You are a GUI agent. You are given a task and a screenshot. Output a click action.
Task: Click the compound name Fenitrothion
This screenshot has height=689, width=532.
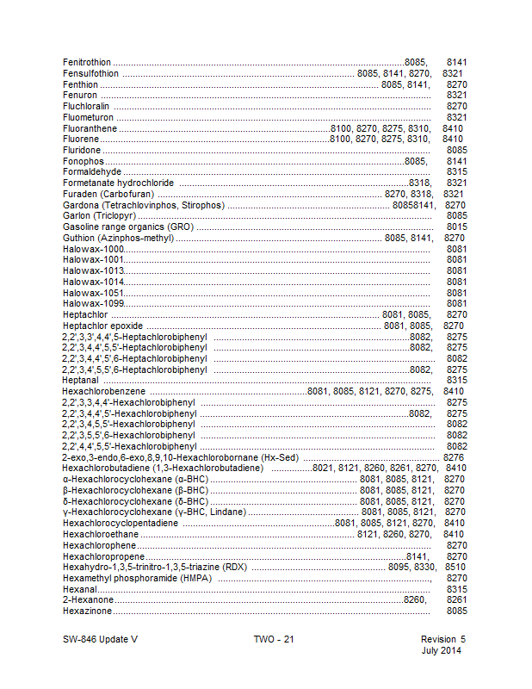coord(87,63)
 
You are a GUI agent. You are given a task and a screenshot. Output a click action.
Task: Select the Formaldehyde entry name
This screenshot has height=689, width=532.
coord(92,172)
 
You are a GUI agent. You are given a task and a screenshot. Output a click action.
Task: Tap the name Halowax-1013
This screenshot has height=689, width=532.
coord(94,270)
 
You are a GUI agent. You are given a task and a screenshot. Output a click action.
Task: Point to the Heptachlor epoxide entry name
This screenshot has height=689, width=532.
coord(102,326)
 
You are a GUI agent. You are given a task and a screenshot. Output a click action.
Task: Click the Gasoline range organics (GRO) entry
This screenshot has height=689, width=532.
coord(127,227)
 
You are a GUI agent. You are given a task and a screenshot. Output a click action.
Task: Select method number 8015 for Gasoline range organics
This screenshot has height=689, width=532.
coord(456,227)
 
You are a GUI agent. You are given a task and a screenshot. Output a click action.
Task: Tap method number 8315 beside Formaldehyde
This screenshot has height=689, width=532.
coord(456,172)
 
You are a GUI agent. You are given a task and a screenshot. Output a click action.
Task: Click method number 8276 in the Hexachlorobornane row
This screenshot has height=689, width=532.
coord(454,457)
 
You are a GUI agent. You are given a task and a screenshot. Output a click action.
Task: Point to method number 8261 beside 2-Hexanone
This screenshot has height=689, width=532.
coord(456,599)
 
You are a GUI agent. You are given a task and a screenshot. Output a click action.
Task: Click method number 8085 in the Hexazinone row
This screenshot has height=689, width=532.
coord(456,611)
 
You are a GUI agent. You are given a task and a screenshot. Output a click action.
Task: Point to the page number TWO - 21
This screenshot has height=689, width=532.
coord(274,639)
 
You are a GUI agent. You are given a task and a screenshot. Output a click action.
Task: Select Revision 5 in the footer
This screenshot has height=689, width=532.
coord(442,639)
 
